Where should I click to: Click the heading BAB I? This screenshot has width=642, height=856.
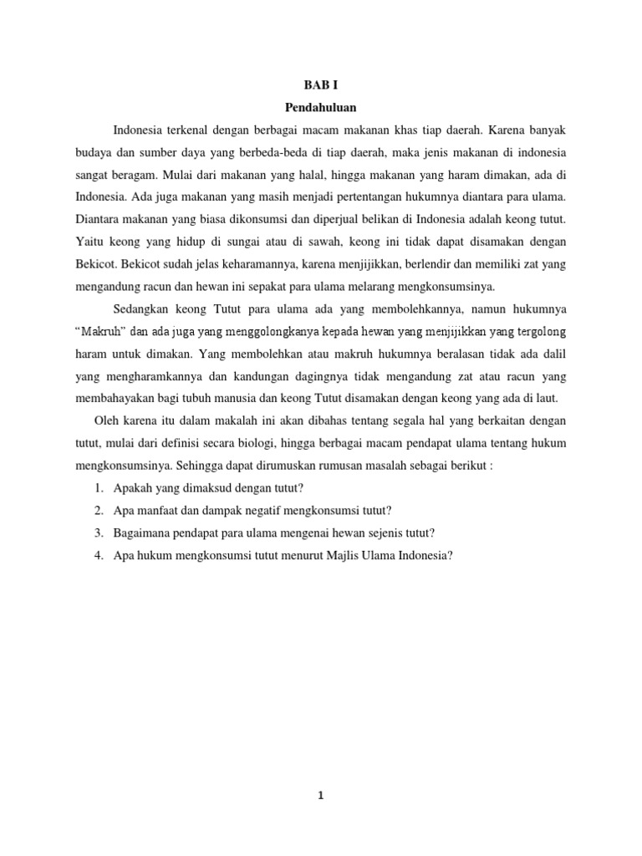tap(320, 85)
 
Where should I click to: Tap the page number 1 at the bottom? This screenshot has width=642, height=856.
tap(320, 796)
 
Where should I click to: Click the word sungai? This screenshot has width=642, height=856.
tap(247, 242)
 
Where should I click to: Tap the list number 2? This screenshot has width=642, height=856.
tap(98, 510)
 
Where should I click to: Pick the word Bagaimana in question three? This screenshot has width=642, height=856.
tap(143, 532)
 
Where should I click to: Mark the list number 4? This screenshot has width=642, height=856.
tap(98, 554)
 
